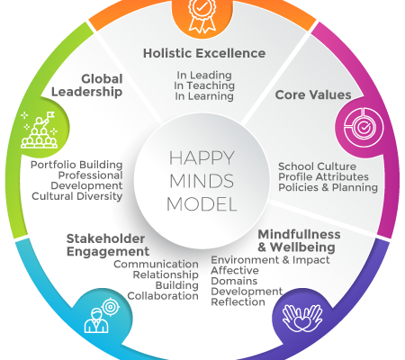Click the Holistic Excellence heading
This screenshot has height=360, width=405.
click(204, 53)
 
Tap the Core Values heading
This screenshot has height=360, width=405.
click(313, 94)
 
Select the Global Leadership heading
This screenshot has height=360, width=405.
click(87, 85)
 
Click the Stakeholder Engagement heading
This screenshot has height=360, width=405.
click(108, 245)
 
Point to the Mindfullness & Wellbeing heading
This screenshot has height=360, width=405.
click(299, 241)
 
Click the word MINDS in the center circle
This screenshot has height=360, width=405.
click(202, 181)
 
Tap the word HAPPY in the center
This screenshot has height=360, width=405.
click(202, 157)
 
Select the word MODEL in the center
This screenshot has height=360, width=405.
click(202, 204)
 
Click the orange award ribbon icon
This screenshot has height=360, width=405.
click(202, 15)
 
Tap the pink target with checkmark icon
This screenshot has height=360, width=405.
click(364, 127)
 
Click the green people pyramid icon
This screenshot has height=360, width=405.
click(39, 130)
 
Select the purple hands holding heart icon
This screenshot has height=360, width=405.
click(302, 319)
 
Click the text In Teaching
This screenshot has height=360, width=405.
click(204, 85)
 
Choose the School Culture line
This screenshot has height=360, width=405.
click(317, 166)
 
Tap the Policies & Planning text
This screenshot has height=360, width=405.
click(328, 187)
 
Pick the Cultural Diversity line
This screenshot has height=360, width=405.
click(77, 196)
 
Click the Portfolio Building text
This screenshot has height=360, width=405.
click(76, 165)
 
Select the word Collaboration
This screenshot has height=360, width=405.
click(163, 296)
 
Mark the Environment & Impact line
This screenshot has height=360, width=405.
click(270, 260)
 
